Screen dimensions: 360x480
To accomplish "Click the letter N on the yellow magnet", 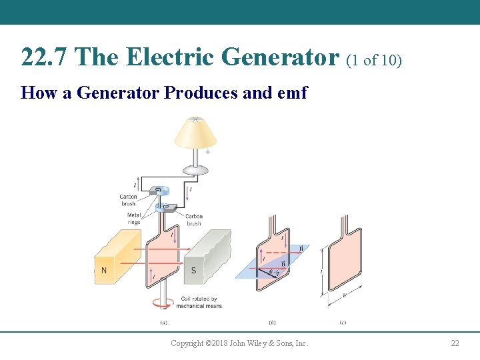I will [103, 271].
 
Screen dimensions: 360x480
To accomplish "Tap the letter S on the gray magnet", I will [194, 271].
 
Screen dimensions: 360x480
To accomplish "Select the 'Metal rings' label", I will [133, 218].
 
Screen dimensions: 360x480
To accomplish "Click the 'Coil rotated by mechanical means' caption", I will [199, 302].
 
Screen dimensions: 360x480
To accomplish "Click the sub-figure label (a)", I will [163, 323].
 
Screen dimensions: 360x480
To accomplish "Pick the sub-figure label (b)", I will [272, 323].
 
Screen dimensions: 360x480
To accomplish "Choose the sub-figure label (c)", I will [342, 323].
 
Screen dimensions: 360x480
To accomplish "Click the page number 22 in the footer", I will [455, 343].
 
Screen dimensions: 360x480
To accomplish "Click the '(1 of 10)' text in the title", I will [374, 60].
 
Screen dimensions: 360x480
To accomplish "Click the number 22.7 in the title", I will [44, 57].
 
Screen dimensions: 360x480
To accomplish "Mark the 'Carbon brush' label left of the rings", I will [128, 199].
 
